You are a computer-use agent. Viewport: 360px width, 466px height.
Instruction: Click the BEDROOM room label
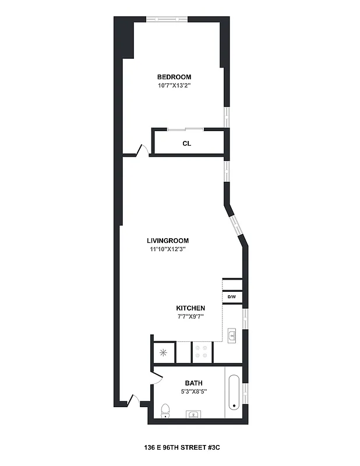(174, 77)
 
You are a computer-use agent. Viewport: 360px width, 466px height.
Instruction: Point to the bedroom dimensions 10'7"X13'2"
(174, 86)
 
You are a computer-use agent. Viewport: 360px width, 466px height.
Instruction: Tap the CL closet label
(186, 143)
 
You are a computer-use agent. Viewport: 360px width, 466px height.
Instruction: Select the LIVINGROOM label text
(168, 241)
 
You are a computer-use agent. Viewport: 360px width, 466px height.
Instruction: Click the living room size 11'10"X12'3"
(168, 249)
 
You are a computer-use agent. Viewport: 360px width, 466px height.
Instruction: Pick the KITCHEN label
(190, 308)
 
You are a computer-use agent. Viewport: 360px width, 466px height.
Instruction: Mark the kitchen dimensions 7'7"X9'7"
(190, 317)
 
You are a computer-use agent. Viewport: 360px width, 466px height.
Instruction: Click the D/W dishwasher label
(231, 298)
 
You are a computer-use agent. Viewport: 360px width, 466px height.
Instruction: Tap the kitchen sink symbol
(231, 336)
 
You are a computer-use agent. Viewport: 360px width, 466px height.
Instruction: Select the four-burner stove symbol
(202, 351)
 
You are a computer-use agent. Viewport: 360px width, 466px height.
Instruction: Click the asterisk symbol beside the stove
(163, 352)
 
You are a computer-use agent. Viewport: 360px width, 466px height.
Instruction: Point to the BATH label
(193, 383)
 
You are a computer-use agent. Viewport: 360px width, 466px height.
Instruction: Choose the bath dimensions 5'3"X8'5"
(193, 391)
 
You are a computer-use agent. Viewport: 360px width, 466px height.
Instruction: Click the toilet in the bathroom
(165, 411)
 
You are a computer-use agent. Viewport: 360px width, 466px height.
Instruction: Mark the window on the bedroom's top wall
(167, 20)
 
